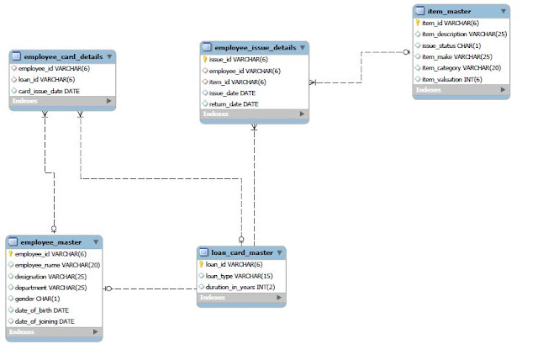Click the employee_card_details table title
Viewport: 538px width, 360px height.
point(63,56)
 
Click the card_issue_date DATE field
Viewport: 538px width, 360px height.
point(49,91)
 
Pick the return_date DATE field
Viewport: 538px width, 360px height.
point(234,103)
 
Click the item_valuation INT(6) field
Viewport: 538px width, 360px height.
point(452,78)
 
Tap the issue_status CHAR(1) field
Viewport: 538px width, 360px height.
point(451,45)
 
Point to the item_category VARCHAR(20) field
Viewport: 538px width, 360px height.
point(462,67)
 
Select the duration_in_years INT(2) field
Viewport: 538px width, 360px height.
point(240,287)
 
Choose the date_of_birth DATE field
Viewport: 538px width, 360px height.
point(42,310)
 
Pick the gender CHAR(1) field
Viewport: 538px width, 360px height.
point(38,299)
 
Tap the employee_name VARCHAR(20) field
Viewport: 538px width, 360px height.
point(57,265)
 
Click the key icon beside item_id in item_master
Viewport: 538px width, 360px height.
point(418,24)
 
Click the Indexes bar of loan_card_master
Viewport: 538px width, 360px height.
point(240,298)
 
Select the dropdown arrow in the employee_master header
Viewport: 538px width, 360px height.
point(96,242)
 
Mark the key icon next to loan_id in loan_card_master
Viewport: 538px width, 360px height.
point(202,264)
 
